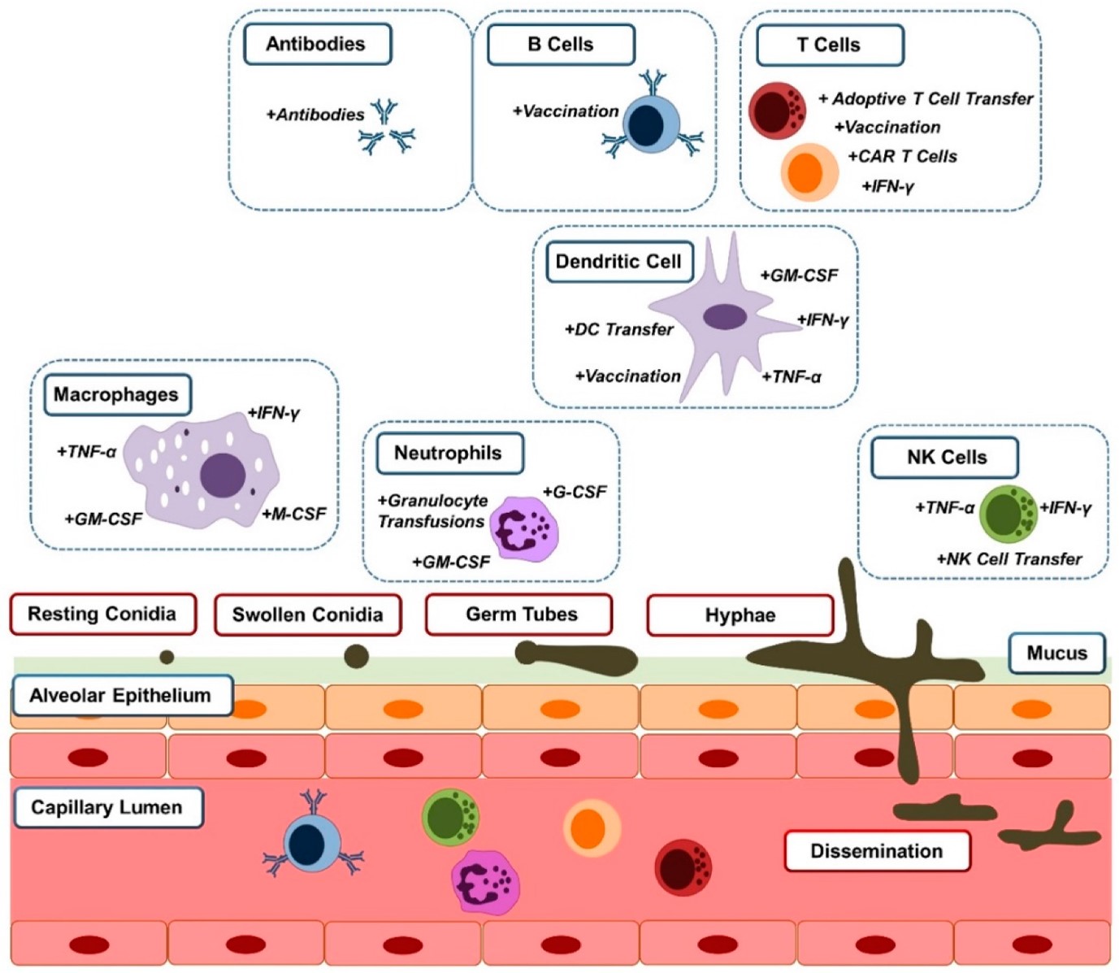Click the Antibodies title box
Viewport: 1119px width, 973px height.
(317, 44)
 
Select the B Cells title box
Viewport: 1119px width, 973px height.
(561, 45)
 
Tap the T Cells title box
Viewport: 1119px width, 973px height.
(829, 46)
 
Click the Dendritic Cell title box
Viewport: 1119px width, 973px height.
(618, 262)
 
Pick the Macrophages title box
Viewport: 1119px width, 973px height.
(116, 395)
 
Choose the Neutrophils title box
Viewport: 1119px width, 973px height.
(449, 454)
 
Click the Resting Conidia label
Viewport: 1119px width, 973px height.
(102, 614)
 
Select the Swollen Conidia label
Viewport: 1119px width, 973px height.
(307, 615)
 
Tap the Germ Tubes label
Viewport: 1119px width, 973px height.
(522, 615)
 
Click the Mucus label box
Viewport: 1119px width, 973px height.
(1056, 654)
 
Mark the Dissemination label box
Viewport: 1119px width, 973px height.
(877, 851)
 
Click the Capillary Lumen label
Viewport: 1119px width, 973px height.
(107, 807)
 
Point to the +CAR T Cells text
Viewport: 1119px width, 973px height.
(902, 156)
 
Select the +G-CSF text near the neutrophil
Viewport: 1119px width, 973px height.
(575, 492)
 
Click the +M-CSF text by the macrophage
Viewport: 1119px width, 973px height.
(293, 515)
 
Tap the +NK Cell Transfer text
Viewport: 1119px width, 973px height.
(1008, 559)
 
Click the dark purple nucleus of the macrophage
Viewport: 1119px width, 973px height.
(222, 475)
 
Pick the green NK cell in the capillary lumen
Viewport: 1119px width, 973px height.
(449, 816)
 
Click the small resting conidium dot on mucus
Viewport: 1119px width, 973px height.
(167, 657)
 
